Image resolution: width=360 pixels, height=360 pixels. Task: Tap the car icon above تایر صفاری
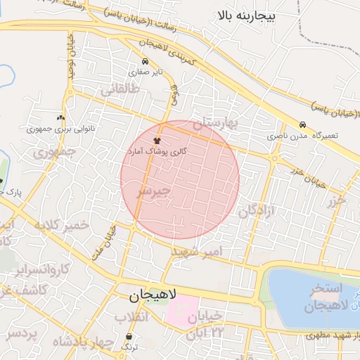[x=144, y=62]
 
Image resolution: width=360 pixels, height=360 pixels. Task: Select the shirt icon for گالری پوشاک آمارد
[x=156, y=141]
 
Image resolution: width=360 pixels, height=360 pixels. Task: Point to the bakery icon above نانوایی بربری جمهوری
[x=60, y=118]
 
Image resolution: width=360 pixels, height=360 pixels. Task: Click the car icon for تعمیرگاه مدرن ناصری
[x=302, y=124]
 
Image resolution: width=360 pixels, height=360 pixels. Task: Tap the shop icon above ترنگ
[x=129, y=336]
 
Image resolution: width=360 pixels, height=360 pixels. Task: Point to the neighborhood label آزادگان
[x=255, y=210]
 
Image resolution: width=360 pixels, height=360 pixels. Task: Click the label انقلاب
[x=131, y=318]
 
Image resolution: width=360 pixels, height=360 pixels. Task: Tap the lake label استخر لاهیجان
[x=323, y=298]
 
